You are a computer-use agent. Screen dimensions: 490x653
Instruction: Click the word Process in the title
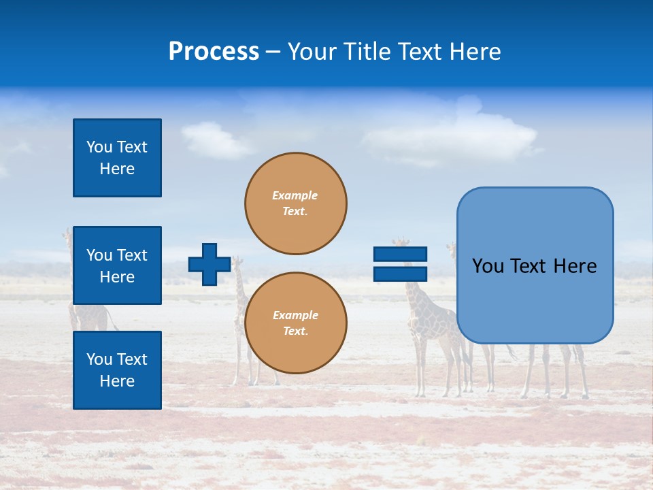214,52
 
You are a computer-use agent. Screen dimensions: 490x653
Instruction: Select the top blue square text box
117,158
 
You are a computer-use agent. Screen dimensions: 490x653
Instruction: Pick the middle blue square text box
117,265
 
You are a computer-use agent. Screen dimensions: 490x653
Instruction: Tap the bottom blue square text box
117,370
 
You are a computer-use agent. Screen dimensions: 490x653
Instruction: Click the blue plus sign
210,265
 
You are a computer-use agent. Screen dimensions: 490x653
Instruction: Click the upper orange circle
296,203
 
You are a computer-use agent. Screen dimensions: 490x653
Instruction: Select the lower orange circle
296,323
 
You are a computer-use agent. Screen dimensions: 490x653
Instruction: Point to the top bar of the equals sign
400,255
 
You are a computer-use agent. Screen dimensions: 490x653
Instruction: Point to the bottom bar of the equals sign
400,274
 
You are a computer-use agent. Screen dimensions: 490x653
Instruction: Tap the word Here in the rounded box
575,266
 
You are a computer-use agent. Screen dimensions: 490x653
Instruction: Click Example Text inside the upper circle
295,203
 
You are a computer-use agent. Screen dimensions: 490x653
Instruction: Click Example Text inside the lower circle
295,323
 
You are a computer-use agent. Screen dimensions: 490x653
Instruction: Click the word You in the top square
99,147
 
